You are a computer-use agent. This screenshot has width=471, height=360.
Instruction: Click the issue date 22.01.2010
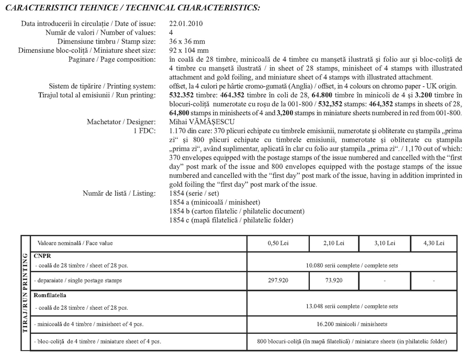coord(186,24)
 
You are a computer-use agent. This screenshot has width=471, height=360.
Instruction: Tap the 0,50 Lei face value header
coord(277,243)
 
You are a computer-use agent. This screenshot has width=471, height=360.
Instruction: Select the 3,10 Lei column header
coord(385,243)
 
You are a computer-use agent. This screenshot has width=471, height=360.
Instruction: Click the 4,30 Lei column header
coord(434,243)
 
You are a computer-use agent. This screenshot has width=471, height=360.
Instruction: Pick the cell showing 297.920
coord(277,280)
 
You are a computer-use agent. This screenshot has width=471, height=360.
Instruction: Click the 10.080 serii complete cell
coord(352,265)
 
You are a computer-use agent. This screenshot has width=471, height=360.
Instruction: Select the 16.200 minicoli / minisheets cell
coord(352,324)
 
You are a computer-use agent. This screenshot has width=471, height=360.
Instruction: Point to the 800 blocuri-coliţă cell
coord(352,341)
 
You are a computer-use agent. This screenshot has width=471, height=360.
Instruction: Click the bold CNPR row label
coord(41,256)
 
